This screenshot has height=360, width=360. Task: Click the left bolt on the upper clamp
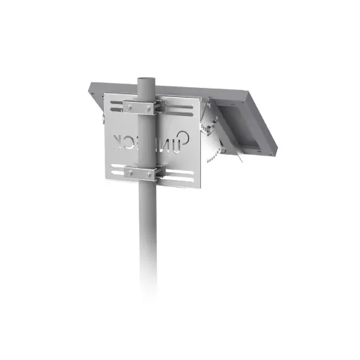[128, 107]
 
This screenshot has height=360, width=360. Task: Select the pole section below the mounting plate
[147, 239]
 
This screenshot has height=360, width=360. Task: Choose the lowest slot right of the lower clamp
[179, 179]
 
